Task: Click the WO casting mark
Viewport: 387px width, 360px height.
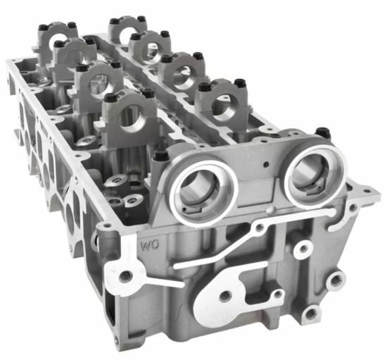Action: [x=148, y=247]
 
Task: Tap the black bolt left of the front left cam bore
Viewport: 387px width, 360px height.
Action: [x=160, y=156]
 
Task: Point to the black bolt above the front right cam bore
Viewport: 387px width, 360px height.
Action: [x=322, y=132]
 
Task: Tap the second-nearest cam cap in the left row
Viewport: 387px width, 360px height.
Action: [x=96, y=81]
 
